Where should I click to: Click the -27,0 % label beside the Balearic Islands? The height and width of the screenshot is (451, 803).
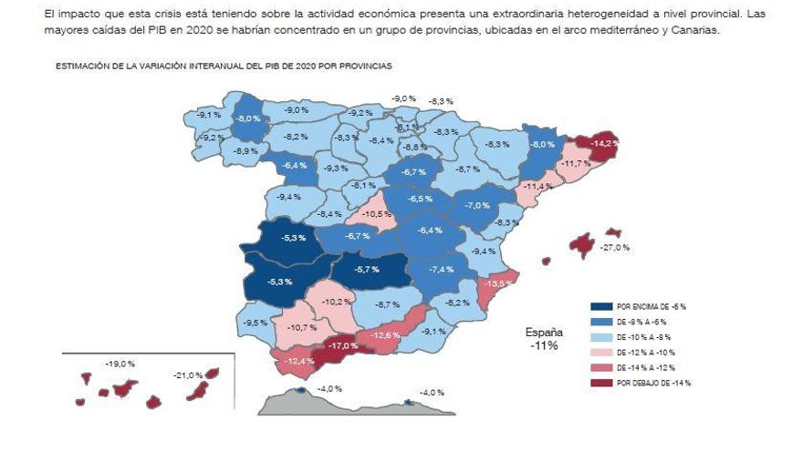614,247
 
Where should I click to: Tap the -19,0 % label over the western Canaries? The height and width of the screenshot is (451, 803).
120,364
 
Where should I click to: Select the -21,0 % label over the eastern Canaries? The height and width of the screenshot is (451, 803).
187,375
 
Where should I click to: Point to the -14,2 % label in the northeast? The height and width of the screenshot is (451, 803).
604,143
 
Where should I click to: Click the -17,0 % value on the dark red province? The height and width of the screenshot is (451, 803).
343,346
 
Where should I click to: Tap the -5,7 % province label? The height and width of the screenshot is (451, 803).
367,270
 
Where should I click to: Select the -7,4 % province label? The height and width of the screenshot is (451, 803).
442,270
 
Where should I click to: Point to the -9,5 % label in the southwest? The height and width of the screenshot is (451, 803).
255,323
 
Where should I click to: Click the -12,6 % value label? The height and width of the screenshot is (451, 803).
385,335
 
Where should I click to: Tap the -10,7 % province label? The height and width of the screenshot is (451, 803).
302,327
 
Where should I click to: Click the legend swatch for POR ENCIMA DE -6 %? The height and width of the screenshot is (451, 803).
601,307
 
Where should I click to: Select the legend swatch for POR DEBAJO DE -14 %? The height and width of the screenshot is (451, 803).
601,383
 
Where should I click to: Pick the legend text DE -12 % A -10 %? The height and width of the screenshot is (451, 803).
651,353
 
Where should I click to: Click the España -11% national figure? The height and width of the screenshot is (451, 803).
544,339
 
